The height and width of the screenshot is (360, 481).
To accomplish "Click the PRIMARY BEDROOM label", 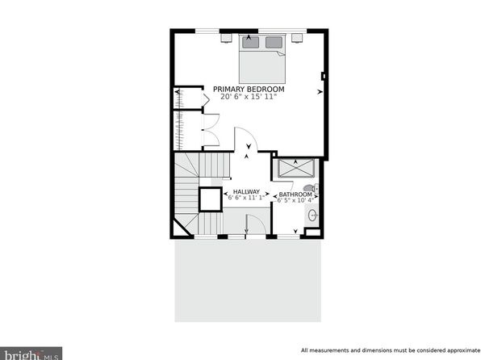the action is point(249,90).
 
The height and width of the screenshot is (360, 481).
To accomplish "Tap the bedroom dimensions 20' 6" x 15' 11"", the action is point(249,97).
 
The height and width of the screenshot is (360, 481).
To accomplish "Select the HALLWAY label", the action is point(246,192).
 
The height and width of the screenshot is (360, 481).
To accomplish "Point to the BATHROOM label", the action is point(295,195).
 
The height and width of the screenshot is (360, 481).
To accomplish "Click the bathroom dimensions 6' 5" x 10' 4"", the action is point(295,200).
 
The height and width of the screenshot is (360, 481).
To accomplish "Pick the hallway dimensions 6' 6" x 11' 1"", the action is point(246,197).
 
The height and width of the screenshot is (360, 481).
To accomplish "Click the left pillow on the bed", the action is point(251,42).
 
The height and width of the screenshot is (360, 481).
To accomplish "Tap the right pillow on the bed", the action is point(274,42).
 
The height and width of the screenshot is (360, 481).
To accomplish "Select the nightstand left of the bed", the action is point(227,38).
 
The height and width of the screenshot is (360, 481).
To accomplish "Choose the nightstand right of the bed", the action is point(297,37).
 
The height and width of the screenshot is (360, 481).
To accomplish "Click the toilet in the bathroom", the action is point(311,188).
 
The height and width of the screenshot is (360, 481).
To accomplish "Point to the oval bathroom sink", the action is point(312,216).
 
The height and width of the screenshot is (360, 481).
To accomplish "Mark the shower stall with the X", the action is point(296,168).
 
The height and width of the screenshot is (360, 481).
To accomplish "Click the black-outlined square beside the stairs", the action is point(211,199).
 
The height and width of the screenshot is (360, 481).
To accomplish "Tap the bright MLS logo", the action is point(31,354).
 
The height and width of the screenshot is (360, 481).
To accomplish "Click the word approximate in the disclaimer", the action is point(461,350).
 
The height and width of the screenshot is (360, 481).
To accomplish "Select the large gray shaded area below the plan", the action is point(248,281).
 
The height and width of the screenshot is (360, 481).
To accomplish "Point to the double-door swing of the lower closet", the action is point(211,130).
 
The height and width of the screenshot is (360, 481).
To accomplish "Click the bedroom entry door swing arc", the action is point(246,139).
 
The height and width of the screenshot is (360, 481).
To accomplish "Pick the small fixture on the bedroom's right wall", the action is point(323,76).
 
